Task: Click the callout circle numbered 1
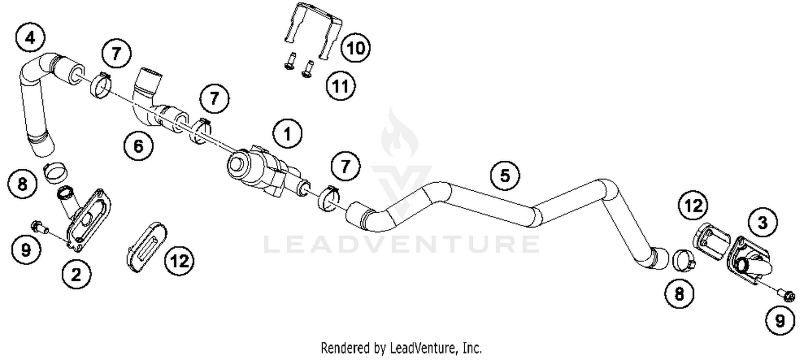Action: (x=288, y=134)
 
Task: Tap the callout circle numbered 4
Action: (x=31, y=38)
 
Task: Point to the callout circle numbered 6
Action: (x=138, y=146)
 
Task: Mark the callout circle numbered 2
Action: (x=76, y=274)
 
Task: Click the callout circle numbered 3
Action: (x=762, y=222)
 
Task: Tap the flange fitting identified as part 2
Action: (x=88, y=217)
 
